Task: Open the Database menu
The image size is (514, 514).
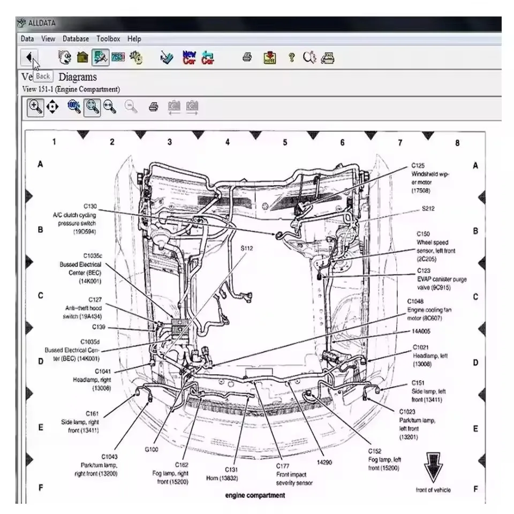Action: click(x=75, y=39)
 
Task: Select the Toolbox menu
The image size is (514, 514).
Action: click(x=108, y=39)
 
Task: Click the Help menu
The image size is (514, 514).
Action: click(x=134, y=39)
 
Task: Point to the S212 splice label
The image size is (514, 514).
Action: click(x=428, y=208)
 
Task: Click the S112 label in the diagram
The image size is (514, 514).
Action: click(x=246, y=248)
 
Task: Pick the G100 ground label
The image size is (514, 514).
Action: click(x=152, y=449)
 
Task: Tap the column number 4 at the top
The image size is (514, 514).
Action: click(x=227, y=142)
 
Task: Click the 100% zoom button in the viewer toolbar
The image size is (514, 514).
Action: click(x=74, y=107)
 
